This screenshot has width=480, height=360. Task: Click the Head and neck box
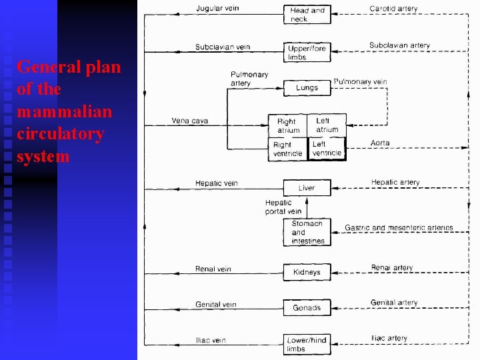click(x=307, y=15)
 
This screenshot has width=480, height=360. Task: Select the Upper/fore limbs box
click(x=307, y=53)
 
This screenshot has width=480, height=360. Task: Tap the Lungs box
click(x=307, y=88)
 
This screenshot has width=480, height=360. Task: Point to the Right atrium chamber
click(x=288, y=125)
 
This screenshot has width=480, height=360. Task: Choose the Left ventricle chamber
click(x=327, y=148)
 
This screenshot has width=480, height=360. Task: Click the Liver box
click(x=307, y=188)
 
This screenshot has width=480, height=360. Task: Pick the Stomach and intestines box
click(x=307, y=233)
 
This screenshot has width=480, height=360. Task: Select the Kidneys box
click(x=307, y=272)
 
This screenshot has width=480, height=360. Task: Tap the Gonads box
click(x=307, y=307)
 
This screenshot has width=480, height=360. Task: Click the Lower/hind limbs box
click(x=307, y=344)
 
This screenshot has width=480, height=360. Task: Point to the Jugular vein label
click(x=217, y=8)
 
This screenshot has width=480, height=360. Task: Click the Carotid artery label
click(x=394, y=9)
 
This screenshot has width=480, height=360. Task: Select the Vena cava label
click(x=190, y=121)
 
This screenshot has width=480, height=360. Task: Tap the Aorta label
click(x=380, y=143)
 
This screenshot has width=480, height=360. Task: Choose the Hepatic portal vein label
click(x=283, y=207)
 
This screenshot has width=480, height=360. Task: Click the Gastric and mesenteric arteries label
click(x=399, y=228)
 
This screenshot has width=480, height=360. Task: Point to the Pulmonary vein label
click(x=360, y=81)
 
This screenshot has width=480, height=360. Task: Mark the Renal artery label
click(x=392, y=268)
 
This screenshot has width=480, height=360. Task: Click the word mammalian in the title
click(x=65, y=111)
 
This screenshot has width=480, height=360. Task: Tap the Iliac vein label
click(x=211, y=340)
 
